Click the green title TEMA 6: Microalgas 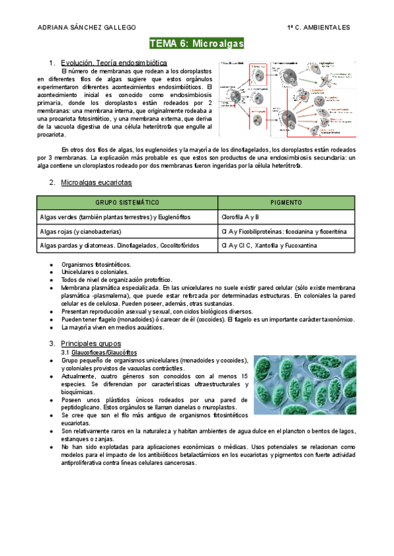tap(197, 44)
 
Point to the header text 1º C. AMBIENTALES tap(318, 27)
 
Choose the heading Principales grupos tap(91, 343)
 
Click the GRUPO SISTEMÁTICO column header tap(127, 203)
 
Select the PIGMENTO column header tap(286, 203)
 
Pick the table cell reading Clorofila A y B tap(240, 217)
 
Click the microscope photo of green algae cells tap(304, 385)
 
